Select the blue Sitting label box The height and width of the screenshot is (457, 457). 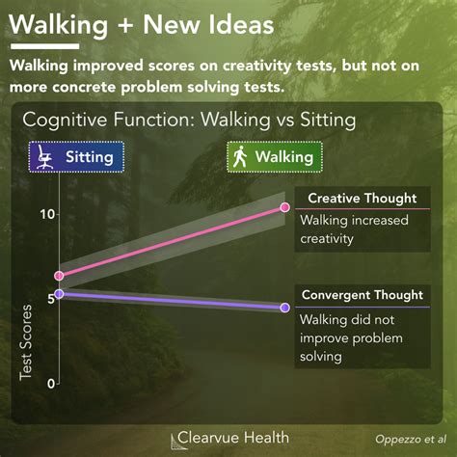(x=76, y=156)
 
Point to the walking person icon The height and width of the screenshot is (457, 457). (x=240, y=156)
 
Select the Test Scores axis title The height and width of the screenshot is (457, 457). (x=26, y=347)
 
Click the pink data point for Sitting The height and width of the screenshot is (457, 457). (x=59, y=276)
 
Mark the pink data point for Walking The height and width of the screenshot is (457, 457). (x=284, y=207)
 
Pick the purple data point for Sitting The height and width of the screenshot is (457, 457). (x=59, y=293)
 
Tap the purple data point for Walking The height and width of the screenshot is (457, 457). (x=284, y=308)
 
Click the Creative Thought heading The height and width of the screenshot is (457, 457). (x=362, y=199)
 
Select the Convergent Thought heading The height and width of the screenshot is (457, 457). (x=362, y=295)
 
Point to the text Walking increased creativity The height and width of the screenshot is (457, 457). (x=341, y=229)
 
